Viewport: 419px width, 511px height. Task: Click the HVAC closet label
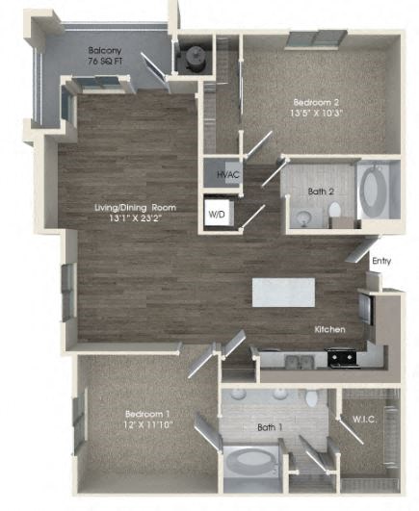point(227,175)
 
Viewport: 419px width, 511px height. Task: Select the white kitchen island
point(283,293)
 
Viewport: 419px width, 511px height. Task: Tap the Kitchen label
point(329,330)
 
